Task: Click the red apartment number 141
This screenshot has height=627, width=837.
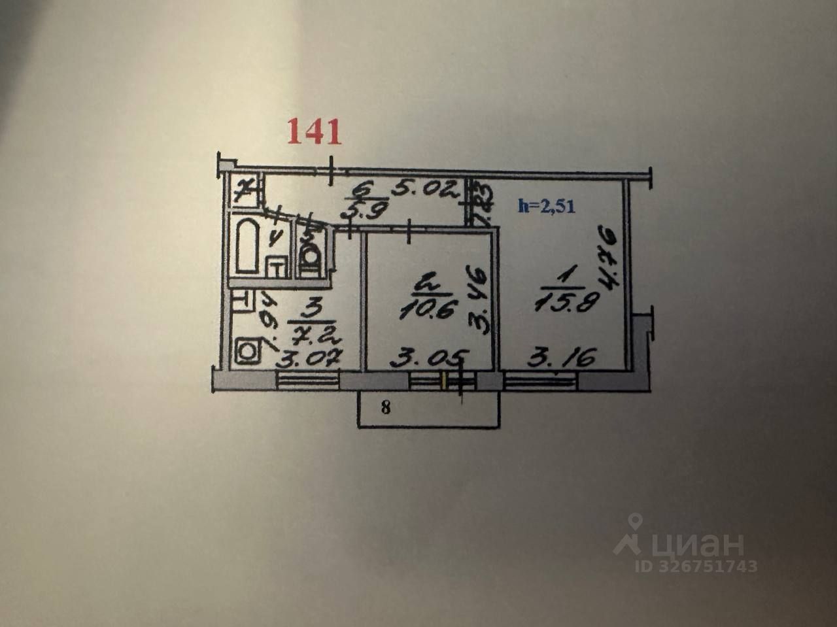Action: click(x=315, y=132)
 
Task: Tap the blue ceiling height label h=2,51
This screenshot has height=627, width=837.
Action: click(x=546, y=205)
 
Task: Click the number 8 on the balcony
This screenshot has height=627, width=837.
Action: click(x=386, y=409)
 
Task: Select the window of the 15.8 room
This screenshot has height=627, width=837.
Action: click(x=540, y=381)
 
